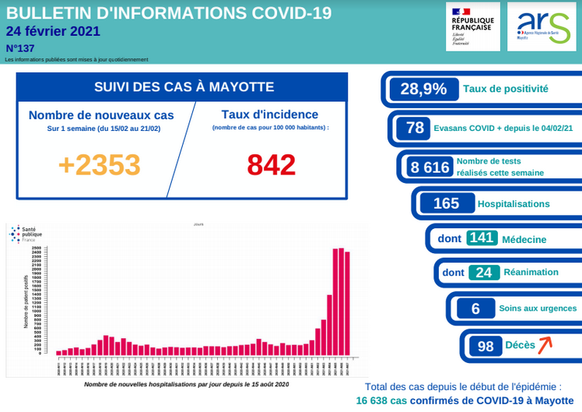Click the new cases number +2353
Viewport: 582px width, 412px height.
[x=100, y=164]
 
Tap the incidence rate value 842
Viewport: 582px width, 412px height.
[x=272, y=164]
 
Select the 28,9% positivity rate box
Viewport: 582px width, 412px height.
[x=423, y=89]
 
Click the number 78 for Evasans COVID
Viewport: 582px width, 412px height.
[x=415, y=128]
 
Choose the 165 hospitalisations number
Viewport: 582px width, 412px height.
[x=446, y=203]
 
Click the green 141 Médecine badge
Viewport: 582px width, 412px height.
[x=482, y=238]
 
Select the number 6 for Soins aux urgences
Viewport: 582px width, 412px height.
[x=475, y=308]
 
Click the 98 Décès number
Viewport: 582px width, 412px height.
[x=486, y=346]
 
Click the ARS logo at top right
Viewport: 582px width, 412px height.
[x=544, y=26]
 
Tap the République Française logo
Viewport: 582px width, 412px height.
[x=472, y=26]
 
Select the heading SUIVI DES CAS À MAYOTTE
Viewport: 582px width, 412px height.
[x=184, y=86]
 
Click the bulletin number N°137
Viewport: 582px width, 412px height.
[x=21, y=48]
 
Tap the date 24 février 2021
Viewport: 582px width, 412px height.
[x=52, y=32]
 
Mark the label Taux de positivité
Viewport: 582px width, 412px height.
[x=505, y=89]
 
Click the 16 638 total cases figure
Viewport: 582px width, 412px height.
[x=381, y=400]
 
